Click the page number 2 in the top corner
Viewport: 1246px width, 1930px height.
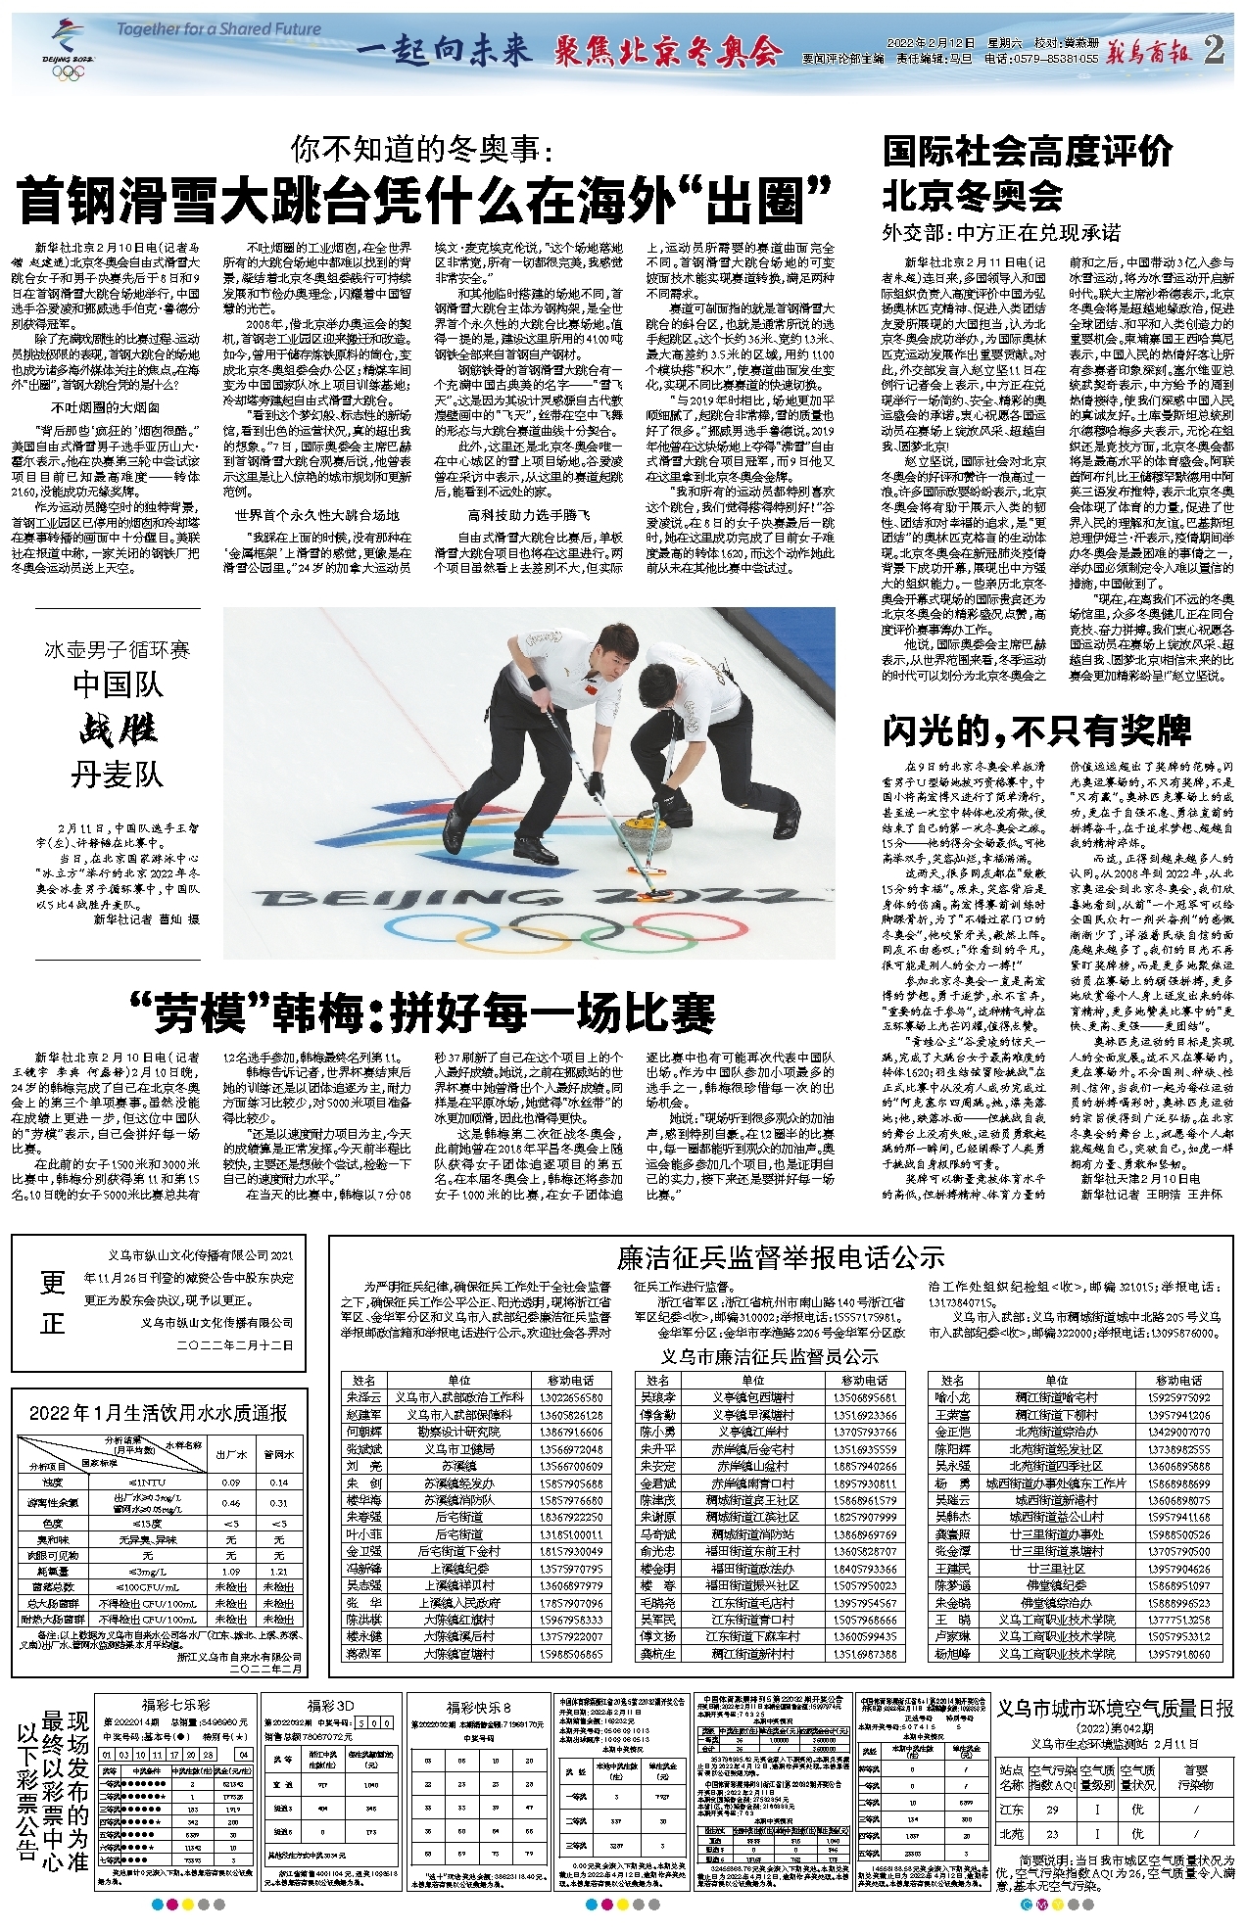[x=1214, y=50]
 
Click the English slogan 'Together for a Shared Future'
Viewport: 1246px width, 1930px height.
[x=218, y=29]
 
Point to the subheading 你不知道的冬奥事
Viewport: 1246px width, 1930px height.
[x=422, y=150]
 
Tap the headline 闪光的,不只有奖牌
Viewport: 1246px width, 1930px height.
[x=1036, y=730]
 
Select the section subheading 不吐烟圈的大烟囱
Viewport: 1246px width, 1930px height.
[x=106, y=407]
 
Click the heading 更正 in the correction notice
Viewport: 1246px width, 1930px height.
[x=52, y=1303]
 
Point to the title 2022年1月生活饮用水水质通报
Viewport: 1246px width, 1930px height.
[x=158, y=1413]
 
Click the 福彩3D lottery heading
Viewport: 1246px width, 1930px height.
[x=330, y=1706]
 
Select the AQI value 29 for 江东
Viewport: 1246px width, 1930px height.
[x=1051, y=1810]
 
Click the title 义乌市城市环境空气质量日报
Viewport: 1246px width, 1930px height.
[x=1115, y=1708]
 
